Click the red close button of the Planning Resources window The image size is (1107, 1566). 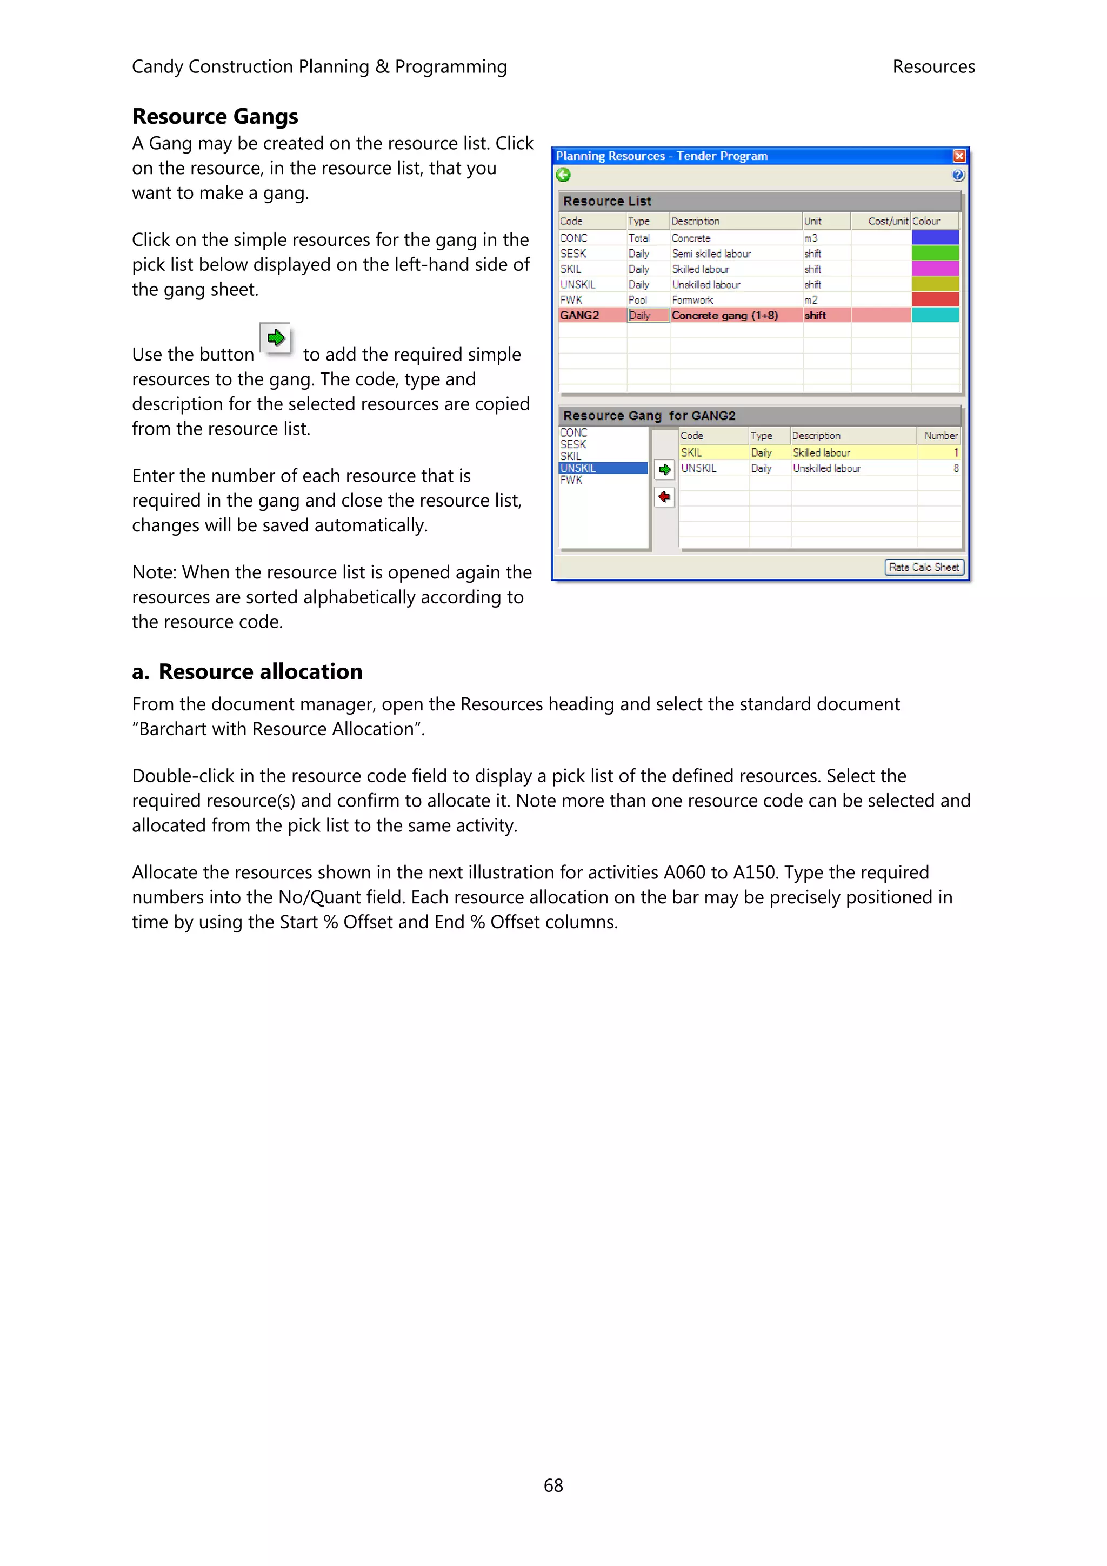958,156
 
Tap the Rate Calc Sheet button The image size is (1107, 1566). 924,567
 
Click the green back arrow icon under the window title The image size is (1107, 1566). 563,175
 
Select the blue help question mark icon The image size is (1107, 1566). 958,175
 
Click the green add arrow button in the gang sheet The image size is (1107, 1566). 664,469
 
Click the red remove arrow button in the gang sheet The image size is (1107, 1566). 664,497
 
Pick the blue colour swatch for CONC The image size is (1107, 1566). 935,237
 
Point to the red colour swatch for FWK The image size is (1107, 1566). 935,299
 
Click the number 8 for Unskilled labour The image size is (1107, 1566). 955,468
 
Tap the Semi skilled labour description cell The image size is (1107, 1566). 711,254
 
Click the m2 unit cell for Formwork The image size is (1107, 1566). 810,300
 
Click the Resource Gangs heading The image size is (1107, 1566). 215,117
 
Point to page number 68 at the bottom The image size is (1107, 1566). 553,1485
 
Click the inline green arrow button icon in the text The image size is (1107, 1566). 276,338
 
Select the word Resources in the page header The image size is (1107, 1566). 933,67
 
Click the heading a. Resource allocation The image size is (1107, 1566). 247,671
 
